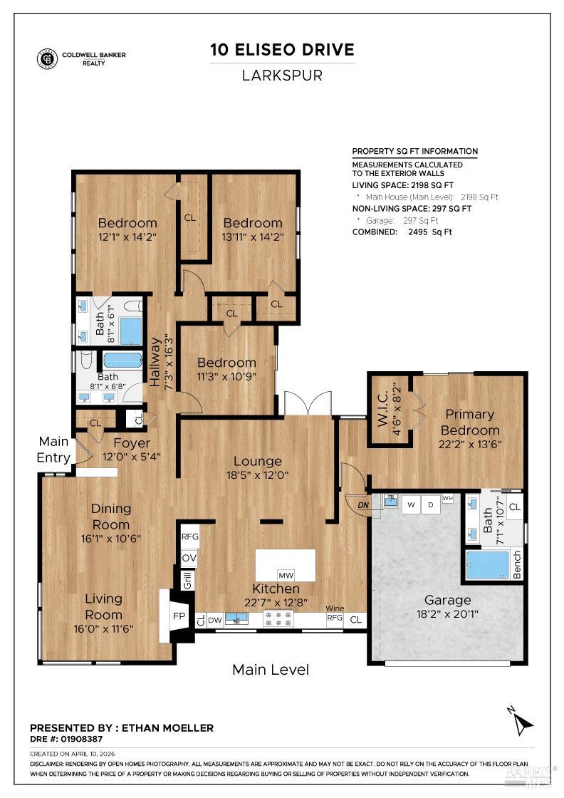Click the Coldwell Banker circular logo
coord(48,59)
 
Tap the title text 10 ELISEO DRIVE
coord(282,50)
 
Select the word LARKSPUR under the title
coord(282,76)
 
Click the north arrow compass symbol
coord(523,722)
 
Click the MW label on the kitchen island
coord(286,575)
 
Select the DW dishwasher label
coord(215,620)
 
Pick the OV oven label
coord(189,558)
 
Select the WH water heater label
coord(448,498)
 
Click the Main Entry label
coord(54,450)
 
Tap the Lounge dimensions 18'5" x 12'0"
coord(257,475)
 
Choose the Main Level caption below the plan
coord(271,670)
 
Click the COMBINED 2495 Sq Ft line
coord(402,232)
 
